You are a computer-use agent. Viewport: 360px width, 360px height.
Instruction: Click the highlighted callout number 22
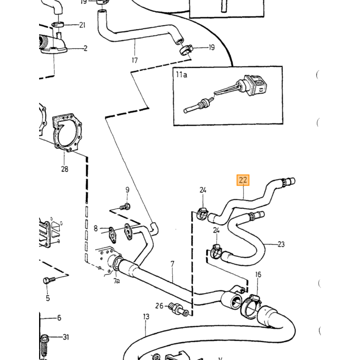pyautogui.click(x=243, y=180)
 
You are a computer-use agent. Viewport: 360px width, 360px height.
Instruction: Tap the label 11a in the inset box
pyautogui.click(x=182, y=75)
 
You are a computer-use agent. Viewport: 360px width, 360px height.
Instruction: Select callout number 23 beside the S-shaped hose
pyautogui.click(x=281, y=244)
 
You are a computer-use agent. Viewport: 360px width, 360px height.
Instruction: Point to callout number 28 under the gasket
pyautogui.click(x=64, y=169)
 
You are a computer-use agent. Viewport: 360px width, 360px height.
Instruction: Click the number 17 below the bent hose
pyautogui.click(x=135, y=60)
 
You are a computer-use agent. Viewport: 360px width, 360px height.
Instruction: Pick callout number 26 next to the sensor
pyautogui.click(x=159, y=306)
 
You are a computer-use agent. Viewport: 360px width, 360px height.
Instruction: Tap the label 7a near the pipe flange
pyautogui.click(x=117, y=281)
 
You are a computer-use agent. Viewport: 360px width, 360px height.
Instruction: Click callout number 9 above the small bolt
pyautogui.click(x=128, y=190)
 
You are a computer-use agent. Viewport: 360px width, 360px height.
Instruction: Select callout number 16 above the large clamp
pyautogui.click(x=258, y=275)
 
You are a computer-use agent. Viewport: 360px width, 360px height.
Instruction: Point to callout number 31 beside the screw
pyautogui.click(x=66, y=337)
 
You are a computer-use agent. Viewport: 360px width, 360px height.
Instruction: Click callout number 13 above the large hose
pyautogui.click(x=146, y=317)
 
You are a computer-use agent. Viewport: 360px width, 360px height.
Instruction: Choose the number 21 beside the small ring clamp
pyautogui.click(x=82, y=25)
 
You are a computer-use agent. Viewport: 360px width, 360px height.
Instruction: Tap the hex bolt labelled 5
pyautogui.click(x=49, y=280)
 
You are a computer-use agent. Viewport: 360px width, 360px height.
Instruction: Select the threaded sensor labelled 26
pyautogui.click(x=178, y=309)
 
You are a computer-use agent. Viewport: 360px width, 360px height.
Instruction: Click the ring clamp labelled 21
pyautogui.click(x=59, y=24)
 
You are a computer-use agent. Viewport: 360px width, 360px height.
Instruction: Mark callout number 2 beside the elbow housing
pyautogui.click(x=86, y=48)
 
